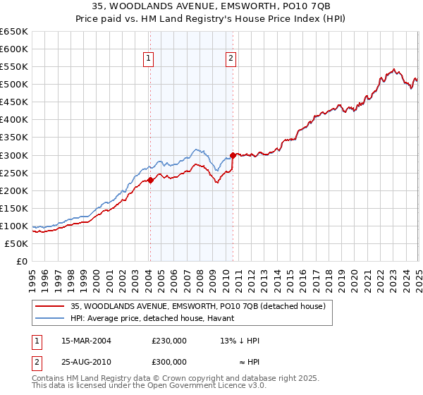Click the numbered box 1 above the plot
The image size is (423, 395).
(x=149, y=59)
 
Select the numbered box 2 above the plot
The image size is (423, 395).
(x=231, y=59)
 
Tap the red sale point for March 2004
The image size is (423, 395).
(x=150, y=180)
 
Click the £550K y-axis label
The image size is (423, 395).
(x=15, y=67)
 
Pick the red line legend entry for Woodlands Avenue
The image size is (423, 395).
(x=198, y=306)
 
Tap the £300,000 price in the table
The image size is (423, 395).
(x=169, y=361)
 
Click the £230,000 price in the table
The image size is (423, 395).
(x=169, y=340)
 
